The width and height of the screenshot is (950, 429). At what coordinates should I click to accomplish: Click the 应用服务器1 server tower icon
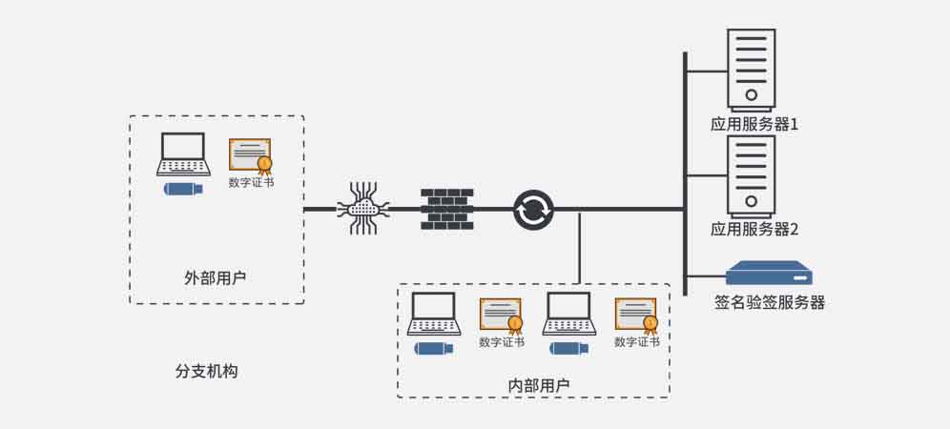point(752,69)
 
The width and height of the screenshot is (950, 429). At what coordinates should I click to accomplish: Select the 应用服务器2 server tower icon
point(752,174)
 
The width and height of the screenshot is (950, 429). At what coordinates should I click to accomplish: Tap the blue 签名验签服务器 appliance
point(768,274)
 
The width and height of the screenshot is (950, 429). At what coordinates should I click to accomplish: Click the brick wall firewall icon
point(446,209)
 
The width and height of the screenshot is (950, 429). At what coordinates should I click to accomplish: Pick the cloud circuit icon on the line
point(363,209)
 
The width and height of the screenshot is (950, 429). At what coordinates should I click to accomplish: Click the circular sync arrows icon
point(532,209)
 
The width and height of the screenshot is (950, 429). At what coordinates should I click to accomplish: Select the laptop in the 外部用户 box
point(182,153)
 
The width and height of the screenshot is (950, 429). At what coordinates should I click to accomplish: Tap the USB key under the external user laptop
point(183,189)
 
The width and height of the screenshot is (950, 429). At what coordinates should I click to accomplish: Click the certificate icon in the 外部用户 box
point(250,154)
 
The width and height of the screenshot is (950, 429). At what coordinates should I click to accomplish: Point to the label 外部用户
point(216,278)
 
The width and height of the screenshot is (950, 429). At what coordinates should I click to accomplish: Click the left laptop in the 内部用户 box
point(434,314)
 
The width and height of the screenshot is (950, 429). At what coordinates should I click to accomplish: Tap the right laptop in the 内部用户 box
point(569,314)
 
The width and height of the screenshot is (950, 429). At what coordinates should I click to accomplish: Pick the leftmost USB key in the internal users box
point(434,348)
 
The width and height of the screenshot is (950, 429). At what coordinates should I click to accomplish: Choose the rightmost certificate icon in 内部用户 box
point(636,315)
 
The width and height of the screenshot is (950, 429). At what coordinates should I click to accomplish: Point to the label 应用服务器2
point(754,230)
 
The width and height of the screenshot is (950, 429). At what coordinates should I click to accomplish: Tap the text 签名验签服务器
point(770,303)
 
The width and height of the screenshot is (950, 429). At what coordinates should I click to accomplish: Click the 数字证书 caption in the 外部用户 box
point(251,182)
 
